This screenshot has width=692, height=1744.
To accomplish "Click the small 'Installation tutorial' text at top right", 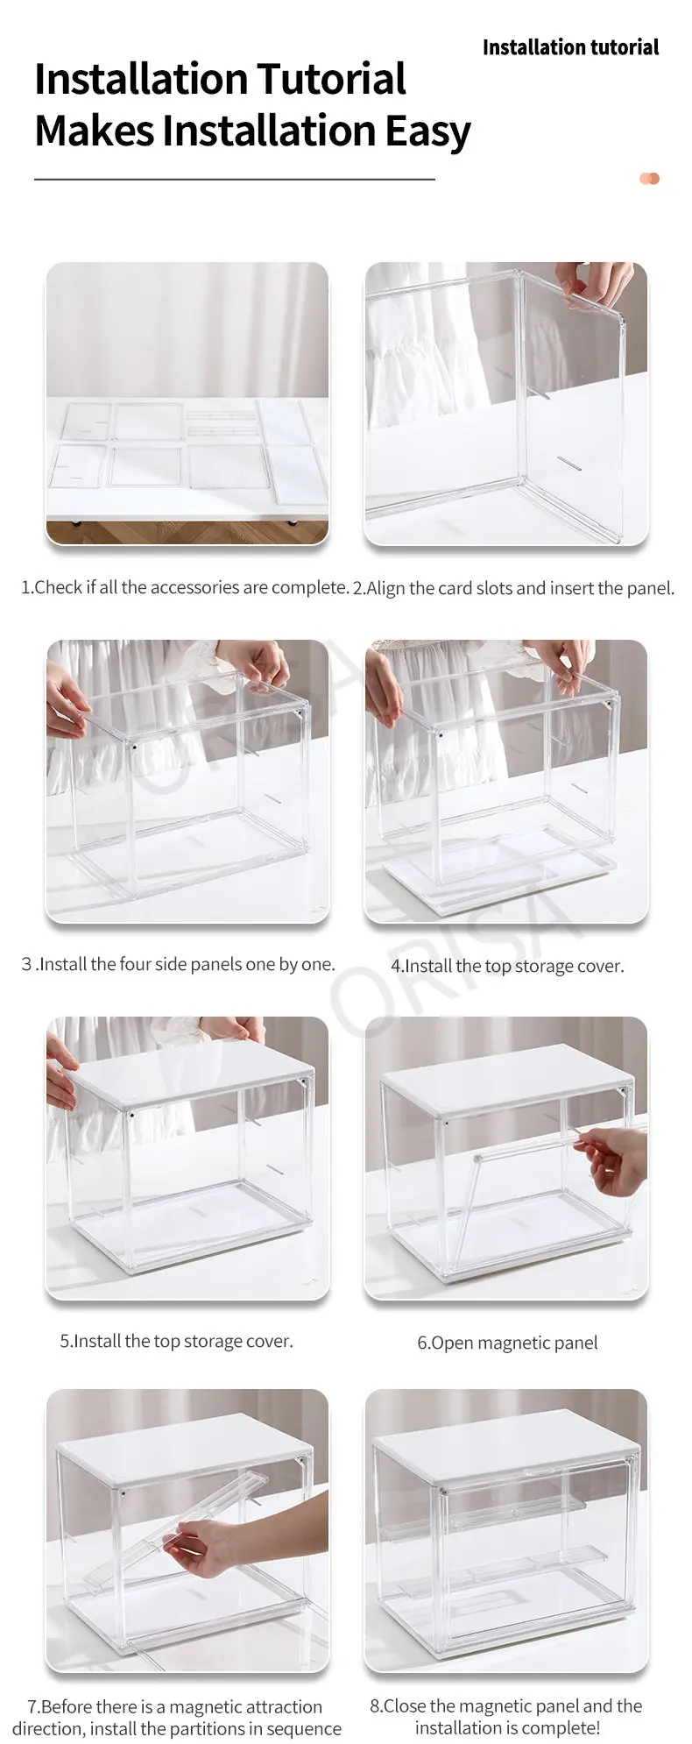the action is [x=570, y=47].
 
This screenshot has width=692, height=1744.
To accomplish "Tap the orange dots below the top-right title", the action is [x=649, y=179].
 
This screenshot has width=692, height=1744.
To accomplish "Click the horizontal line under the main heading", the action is [x=235, y=180].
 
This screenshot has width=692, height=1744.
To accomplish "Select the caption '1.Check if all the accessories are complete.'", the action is [x=185, y=587].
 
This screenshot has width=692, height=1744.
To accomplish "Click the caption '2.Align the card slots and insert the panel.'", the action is [x=513, y=588].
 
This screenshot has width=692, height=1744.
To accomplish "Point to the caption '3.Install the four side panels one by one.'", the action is [x=178, y=964].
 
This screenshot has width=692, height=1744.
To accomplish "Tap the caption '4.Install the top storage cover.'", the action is [x=507, y=966].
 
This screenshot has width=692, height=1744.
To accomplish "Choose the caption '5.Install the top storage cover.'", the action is [x=176, y=1341].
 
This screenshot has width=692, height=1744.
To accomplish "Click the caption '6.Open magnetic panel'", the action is [x=507, y=1343].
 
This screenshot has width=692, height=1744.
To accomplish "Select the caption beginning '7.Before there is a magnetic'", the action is [x=177, y=1718].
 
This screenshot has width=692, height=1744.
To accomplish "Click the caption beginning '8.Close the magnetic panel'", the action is [x=506, y=1717].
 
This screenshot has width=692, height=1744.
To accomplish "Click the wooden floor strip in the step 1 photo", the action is [x=187, y=532].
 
